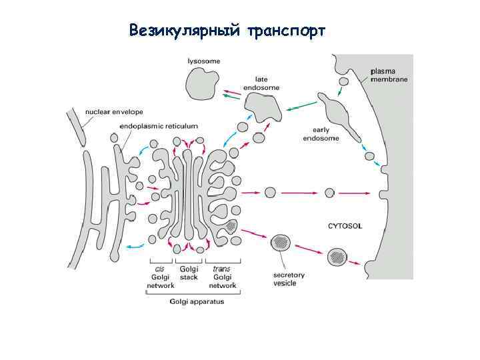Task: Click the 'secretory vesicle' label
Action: [x=289, y=278]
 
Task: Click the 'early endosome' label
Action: [x=321, y=134]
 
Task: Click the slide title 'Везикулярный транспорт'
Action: [x=227, y=31]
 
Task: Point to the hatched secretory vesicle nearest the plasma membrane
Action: [x=337, y=255]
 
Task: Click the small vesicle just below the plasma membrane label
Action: [x=344, y=81]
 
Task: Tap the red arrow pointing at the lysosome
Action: [x=233, y=91]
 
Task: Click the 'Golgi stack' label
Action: [x=189, y=273]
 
